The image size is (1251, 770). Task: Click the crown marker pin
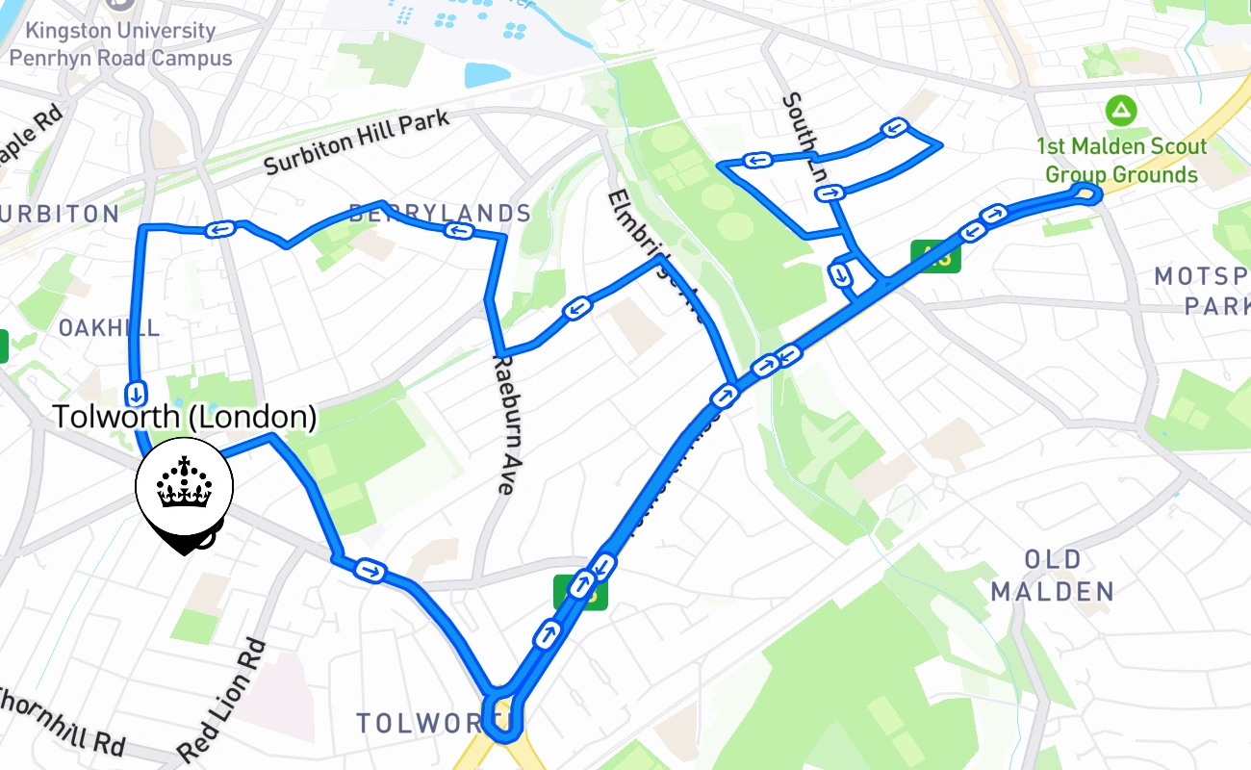tap(184, 490)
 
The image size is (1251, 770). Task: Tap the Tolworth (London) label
tap(184, 417)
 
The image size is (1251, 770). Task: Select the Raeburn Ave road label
tap(504, 424)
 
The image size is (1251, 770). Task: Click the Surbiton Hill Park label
tap(356, 143)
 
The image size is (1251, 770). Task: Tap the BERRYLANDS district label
tap(440, 213)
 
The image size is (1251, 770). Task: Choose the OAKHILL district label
tap(108, 327)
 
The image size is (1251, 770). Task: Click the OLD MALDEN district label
tap(1053, 575)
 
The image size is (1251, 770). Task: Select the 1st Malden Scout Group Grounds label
tap(1121, 161)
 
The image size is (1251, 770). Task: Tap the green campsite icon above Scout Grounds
tap(1120, 110)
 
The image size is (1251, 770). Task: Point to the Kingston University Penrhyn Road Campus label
tap(120, 44)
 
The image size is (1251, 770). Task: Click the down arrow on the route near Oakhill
tap(137, 393)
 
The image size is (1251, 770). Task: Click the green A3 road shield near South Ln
tap(936, 257)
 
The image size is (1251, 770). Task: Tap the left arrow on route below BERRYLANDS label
tap(458, 229)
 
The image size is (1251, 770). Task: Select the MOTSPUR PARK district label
tap(1204, 291)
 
